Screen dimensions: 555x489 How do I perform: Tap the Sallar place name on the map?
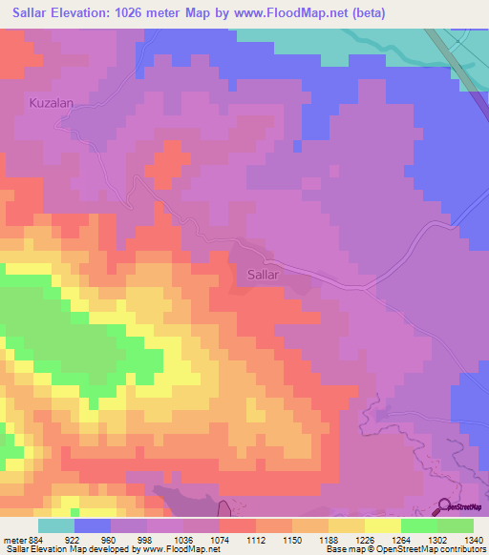pyautogui.click(x=255, y=274)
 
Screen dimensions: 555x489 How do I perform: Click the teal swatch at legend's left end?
pyautogui.click(x=55, y=525)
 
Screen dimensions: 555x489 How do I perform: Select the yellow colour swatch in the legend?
pyautogui.click(x=382, y=525)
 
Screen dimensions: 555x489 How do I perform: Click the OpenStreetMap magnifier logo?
pyautogui.click(x=445, y=505)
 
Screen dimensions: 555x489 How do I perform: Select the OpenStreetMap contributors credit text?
pyautogui.click(x=434, y=549)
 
